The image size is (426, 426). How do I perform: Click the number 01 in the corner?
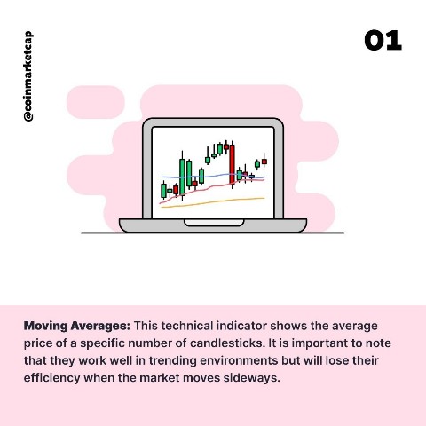click(383, 41)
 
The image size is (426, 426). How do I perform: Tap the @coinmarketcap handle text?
click(28, 76)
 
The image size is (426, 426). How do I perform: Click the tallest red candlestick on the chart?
click(233, 165)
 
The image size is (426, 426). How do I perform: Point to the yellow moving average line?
click(212, 202)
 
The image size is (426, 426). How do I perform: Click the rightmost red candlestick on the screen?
click(264, 162)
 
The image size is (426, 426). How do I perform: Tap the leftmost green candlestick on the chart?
click(163, 191)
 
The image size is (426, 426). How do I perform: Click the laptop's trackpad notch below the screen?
click(214, 223)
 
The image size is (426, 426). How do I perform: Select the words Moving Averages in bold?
click(77, 326)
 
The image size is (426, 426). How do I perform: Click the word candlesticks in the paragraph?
click(227, 343)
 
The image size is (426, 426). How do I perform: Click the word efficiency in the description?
click(51, 378)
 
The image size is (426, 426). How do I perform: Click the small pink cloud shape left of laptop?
click(96, 102)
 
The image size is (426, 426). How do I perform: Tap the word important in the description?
click(319, 343)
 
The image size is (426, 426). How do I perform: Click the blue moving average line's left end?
click(162, 177)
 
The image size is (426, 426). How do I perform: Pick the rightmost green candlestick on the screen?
click(257, 164)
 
